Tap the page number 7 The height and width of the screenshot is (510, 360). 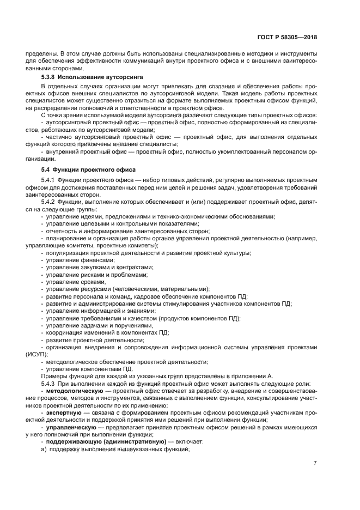point(315,463)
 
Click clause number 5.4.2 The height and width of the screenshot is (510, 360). point(50,202)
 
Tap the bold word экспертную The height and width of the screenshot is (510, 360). point(64,412)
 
